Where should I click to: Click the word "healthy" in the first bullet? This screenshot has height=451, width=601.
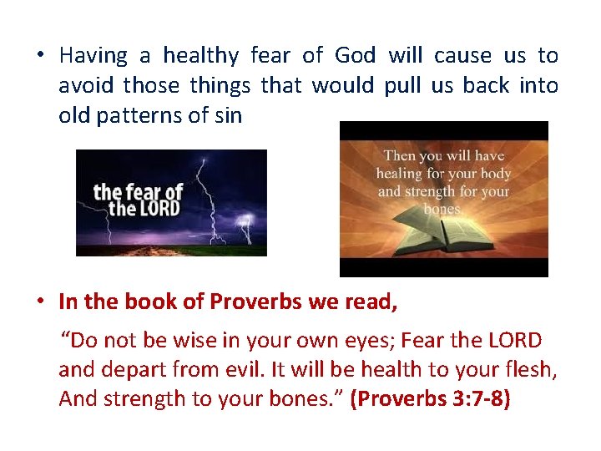pyautogui.click(x=199, y=56)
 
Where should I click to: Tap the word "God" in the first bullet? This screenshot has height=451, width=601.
pyautogui.click(x=355, y=56)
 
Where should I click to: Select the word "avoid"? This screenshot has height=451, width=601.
pyautogui.click(x=86, y=85)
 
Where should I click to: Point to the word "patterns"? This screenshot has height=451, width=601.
pyautogui.click(x=136, y=115)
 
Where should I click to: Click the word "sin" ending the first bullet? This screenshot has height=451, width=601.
pyautogui.click(x=227, y=115)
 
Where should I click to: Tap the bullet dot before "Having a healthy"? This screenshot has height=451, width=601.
pyautogui.click(x=40, y=57)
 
